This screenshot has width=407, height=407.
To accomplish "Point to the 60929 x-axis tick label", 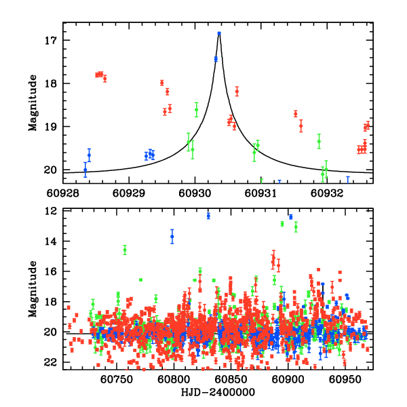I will (x=129, y=193).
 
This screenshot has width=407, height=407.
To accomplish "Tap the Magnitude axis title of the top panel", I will (x=32, y=102).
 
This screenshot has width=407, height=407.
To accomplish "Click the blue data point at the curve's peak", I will (x=219, y=33).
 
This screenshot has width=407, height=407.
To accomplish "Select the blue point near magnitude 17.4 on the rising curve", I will (x=216, y=59).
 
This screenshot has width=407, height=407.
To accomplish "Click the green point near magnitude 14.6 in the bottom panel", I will (x=125, y=250).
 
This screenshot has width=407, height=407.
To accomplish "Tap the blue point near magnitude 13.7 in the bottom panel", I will (x=172, y=236).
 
